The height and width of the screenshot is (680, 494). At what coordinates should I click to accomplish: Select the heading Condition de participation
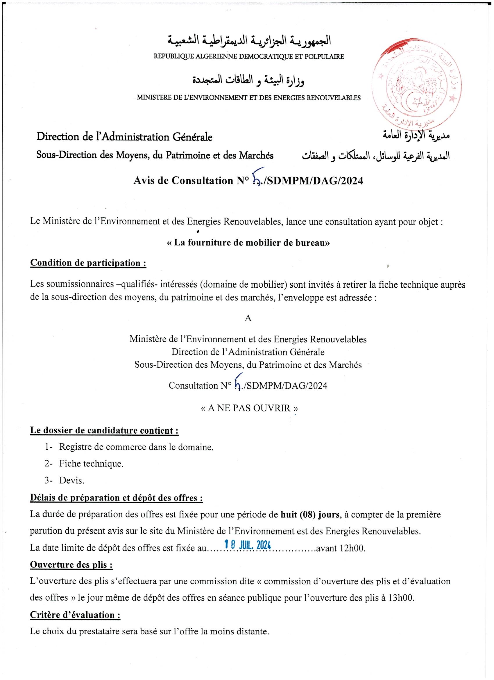88,263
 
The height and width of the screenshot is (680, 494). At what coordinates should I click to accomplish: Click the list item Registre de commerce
136,447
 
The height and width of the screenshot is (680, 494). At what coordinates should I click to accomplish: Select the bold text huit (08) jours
310,515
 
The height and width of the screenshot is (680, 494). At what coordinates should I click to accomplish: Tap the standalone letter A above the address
248,318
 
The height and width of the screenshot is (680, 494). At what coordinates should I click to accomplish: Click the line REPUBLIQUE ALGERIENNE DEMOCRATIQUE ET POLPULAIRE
249,56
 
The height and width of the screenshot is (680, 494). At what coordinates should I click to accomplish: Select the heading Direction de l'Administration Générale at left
124,137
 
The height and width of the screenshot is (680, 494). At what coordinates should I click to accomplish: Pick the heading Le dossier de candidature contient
104,430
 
